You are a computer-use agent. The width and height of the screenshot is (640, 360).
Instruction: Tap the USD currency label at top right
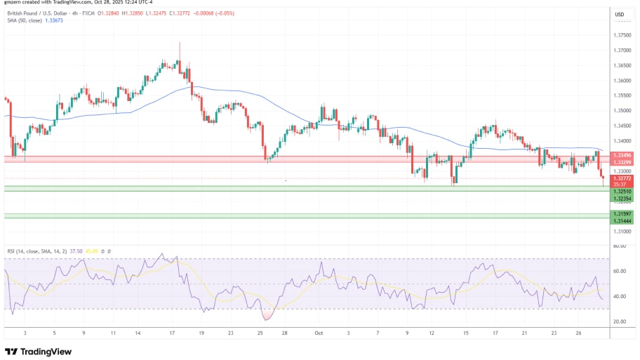coord(620,15)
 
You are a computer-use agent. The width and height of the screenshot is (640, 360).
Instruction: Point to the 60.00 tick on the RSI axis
coord(620,271)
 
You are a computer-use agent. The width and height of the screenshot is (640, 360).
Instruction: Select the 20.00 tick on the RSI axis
coord(620,321)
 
